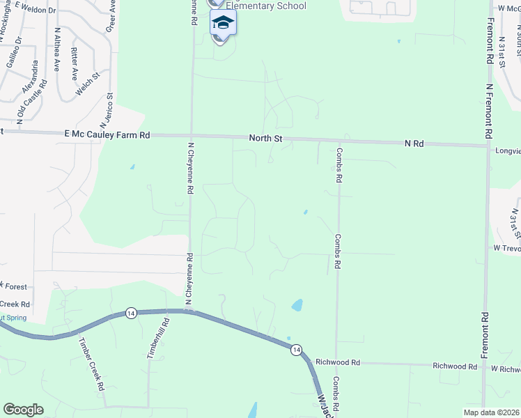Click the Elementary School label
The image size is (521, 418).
click(x=265, y=6)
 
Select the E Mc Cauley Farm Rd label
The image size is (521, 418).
click(x=107, y=134)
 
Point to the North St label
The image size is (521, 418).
click(x=265, y=139)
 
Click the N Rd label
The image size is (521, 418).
click(x=414, y=143)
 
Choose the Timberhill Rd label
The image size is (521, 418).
click(x=157, y=339)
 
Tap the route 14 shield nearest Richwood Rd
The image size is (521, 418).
click(x=296, y=349)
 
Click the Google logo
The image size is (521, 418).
click(x=23, y=409)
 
